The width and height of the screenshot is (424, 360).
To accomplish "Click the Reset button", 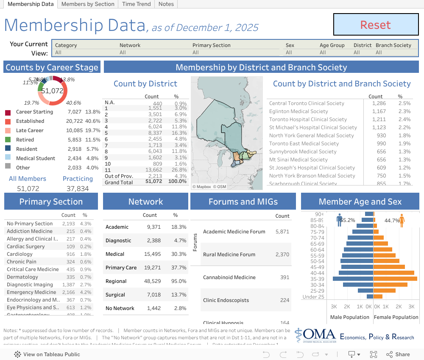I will point(376,25).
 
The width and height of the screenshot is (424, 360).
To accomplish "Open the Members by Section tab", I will point(88,4).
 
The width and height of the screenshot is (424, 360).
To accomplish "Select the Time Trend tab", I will point(136,4).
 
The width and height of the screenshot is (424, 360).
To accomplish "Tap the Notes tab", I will point(166,4).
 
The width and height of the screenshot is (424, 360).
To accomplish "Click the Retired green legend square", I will point(8,140).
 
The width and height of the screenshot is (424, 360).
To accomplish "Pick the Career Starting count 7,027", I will point(74,112).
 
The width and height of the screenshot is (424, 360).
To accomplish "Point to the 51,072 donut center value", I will point(52,91).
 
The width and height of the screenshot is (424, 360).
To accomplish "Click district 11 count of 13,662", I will point(154,170).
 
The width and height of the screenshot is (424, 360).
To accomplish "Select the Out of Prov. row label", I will point(119,176).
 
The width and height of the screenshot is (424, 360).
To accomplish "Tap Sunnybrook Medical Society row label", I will point(303,152).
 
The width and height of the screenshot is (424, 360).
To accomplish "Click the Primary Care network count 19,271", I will point(153,268).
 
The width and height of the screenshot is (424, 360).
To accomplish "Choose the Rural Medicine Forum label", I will point(229,255).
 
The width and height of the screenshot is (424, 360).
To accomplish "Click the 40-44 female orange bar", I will point(394,273).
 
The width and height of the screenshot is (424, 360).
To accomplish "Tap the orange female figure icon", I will point(402,220).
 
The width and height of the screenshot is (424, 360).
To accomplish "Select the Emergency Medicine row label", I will point(31,292).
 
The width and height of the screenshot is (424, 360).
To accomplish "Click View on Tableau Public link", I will point(47,354).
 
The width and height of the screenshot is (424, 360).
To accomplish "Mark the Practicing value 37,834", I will point(78,188).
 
